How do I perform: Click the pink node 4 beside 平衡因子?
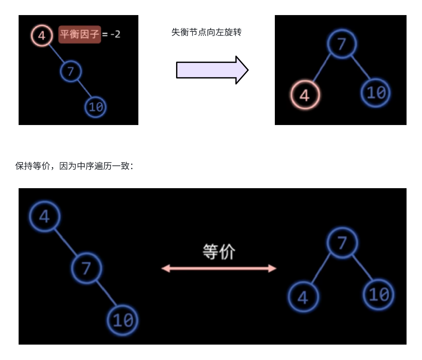[42, 35]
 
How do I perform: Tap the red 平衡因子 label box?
[80, 34]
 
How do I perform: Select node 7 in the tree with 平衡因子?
[71, 71]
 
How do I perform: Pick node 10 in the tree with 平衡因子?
[96, 107]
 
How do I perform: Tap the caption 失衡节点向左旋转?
[206, 32]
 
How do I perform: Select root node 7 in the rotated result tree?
[341, 44]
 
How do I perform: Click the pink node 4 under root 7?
[305, 95]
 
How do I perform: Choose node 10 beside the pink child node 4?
[376, 93]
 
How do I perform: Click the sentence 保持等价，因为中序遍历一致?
[74, 166]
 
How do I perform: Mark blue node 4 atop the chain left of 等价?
[44, 216]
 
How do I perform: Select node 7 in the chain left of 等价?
[86, 268]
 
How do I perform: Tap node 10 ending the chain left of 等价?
[123, 320]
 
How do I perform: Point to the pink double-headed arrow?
[219, 268]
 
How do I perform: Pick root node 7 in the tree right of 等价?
[342, 243]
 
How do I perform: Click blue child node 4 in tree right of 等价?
[303, 297]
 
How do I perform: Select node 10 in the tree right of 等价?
[378, 295]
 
